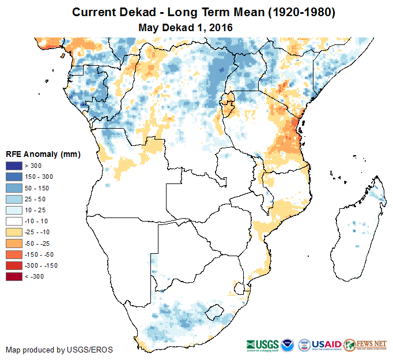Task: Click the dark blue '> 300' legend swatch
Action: [14, 166]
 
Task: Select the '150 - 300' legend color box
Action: [14, 177]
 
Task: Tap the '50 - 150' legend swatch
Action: [14, 188]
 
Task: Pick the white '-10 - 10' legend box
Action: [14, 221]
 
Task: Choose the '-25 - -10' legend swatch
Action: [14, 232]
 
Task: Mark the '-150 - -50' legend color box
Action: [14, 254]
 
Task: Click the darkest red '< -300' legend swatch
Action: [14, 276]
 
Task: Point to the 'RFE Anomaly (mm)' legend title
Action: [43, 154]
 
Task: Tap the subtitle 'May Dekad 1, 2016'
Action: [186, 27]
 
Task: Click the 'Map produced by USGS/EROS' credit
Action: [59, 350]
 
